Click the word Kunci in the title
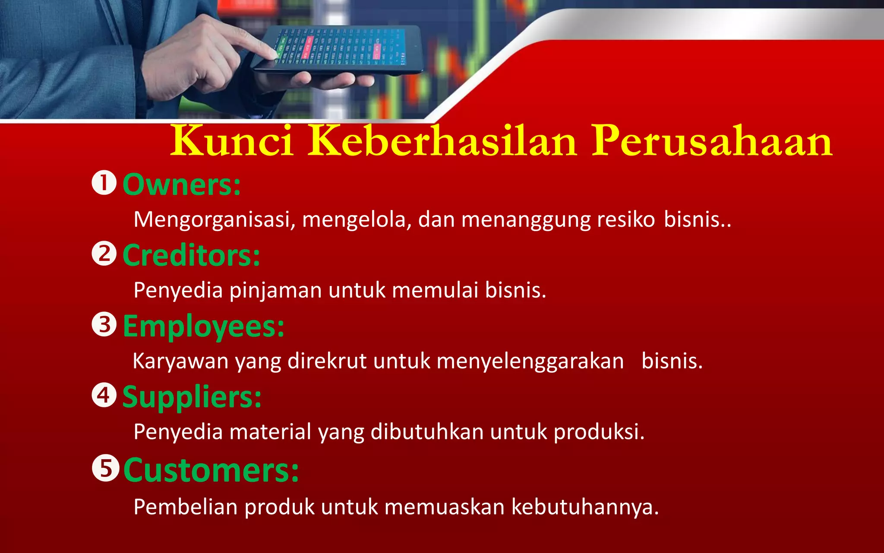tap(232, 142)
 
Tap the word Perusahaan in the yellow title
tap(712, 142)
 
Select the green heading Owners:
tap(182, 185)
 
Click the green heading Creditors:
tap(191, 255)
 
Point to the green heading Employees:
tap(204, 327)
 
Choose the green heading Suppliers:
tap(192, 397)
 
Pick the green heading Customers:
tap(211, 470)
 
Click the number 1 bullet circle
tap(104, 183)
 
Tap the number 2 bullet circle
tap(104, 254)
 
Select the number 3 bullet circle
tap(104, 324)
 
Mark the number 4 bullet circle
tap(104, 395)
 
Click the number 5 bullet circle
tap(105, 468)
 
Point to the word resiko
tap(626, 220)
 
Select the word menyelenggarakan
tap(530, 361)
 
